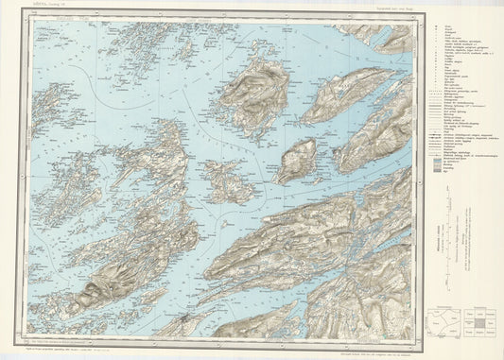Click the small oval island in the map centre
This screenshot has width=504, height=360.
point(296,161)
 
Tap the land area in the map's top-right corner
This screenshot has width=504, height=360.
point(388,38)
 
